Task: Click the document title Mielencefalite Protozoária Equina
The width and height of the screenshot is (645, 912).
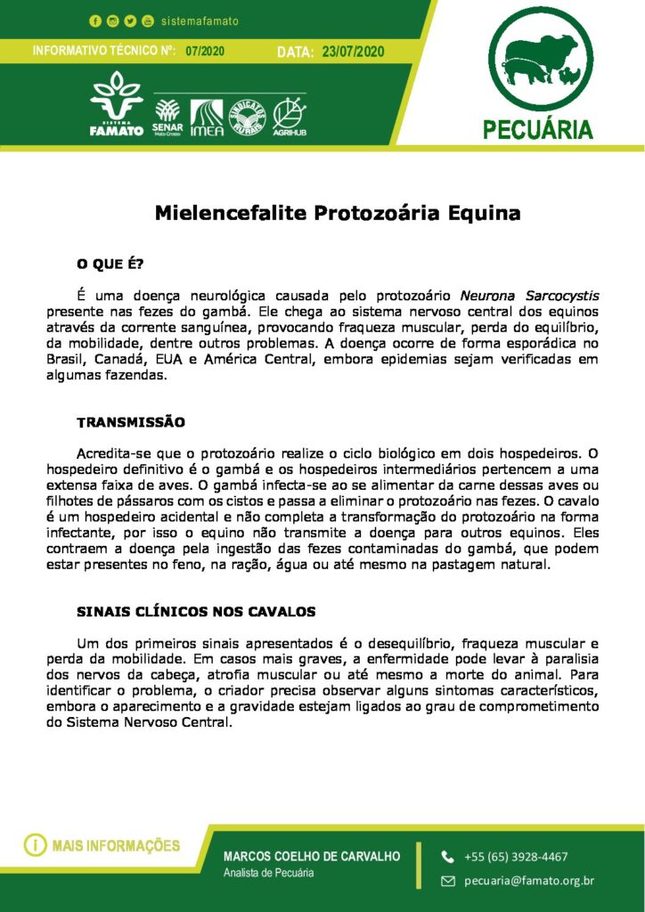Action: pos(337,214)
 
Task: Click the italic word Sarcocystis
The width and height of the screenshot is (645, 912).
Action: pos(561,295)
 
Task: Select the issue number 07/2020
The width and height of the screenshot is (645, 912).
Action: pos(205,51)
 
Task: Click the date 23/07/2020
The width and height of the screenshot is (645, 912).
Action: pos(353,52)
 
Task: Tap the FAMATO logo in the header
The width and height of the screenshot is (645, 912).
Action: pos(116,105)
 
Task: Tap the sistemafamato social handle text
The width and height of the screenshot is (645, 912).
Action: pos(200,20)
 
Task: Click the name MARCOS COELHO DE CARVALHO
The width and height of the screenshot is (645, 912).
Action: pos(312,856)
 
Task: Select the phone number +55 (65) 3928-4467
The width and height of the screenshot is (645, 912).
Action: pos(516,857)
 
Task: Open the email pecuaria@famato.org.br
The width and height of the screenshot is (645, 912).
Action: pos(529,881)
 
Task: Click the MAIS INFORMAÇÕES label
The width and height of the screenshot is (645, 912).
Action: pos(116,845)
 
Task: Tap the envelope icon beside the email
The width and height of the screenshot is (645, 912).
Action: pos(448,881)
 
